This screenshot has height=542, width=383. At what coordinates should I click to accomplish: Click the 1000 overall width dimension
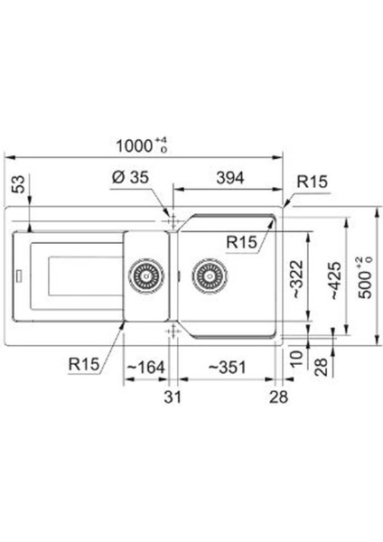[x=141, y=145]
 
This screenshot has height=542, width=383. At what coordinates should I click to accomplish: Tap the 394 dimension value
[x=230, y=178]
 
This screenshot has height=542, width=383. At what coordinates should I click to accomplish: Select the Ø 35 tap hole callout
[x=130, y=178]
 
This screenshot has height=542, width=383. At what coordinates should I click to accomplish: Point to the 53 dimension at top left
[x=20, y=184]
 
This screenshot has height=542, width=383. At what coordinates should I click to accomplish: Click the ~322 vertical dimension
[x=296, y=279]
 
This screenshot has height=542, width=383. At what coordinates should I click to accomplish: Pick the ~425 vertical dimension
[x=334, y=281]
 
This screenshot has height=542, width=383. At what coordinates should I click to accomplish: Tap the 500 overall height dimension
[x=365, y=277]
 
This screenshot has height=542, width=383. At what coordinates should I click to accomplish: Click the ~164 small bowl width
[x=145, y=367]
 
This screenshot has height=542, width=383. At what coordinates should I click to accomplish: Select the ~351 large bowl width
[x=227, y=367]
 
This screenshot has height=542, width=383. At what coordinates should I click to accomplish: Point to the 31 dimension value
[x=173, y=397]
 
